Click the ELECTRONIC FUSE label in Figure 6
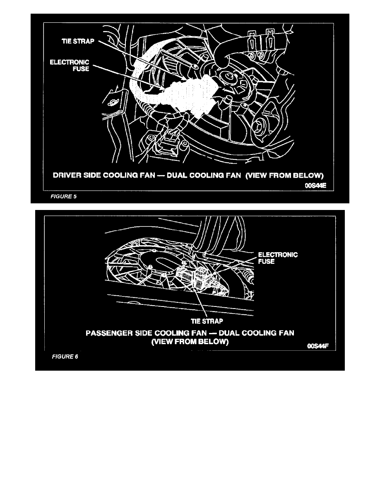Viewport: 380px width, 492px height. (x=278, y=258)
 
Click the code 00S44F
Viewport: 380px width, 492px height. (x=318, y=347)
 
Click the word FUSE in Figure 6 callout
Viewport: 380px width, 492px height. (x=267, y=262)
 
